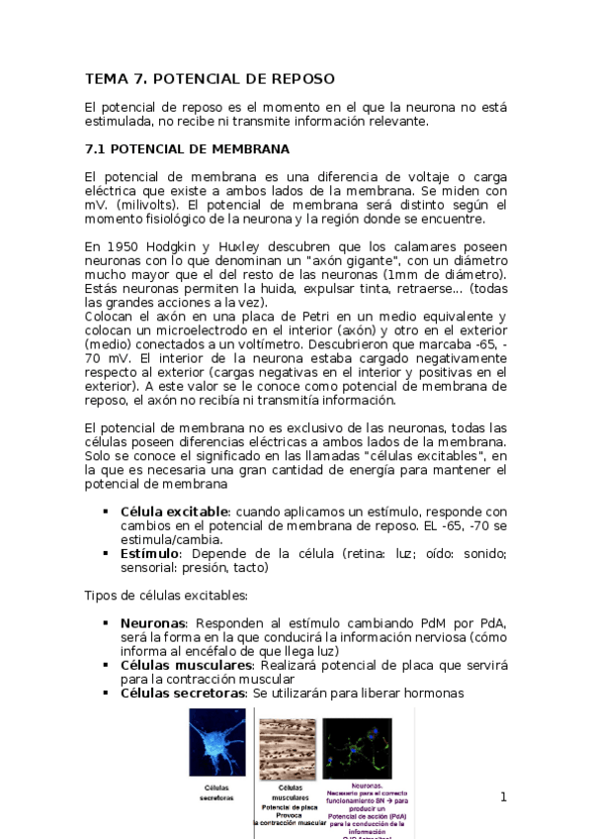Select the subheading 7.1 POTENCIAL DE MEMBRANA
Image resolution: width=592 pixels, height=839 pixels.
[187, 149]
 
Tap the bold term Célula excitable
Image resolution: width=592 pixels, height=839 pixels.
[174, 512]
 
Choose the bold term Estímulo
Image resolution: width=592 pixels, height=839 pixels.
[148, 554]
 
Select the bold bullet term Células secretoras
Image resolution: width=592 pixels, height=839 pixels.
[182, 694]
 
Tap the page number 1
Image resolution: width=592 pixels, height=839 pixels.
[503, 797]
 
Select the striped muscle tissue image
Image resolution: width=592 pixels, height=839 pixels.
[287, 749]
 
